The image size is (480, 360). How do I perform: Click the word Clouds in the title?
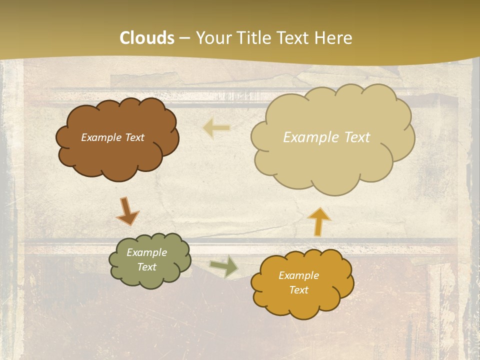[147, 38]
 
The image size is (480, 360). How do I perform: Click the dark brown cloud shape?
[117, 155]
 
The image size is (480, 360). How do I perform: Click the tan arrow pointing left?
[216, 128]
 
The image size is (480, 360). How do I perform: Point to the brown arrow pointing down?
[127, 211]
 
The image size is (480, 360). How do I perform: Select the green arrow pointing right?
[224, 266]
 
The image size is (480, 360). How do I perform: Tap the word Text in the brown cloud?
[134, 137]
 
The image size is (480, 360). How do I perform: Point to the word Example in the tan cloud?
[310, 137]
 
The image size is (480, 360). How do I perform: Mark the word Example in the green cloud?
[146, 252]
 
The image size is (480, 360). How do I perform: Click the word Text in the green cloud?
[146, 267]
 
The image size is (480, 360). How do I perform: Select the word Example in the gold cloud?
[298, 275]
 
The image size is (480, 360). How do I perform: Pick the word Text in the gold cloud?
[298, 290]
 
